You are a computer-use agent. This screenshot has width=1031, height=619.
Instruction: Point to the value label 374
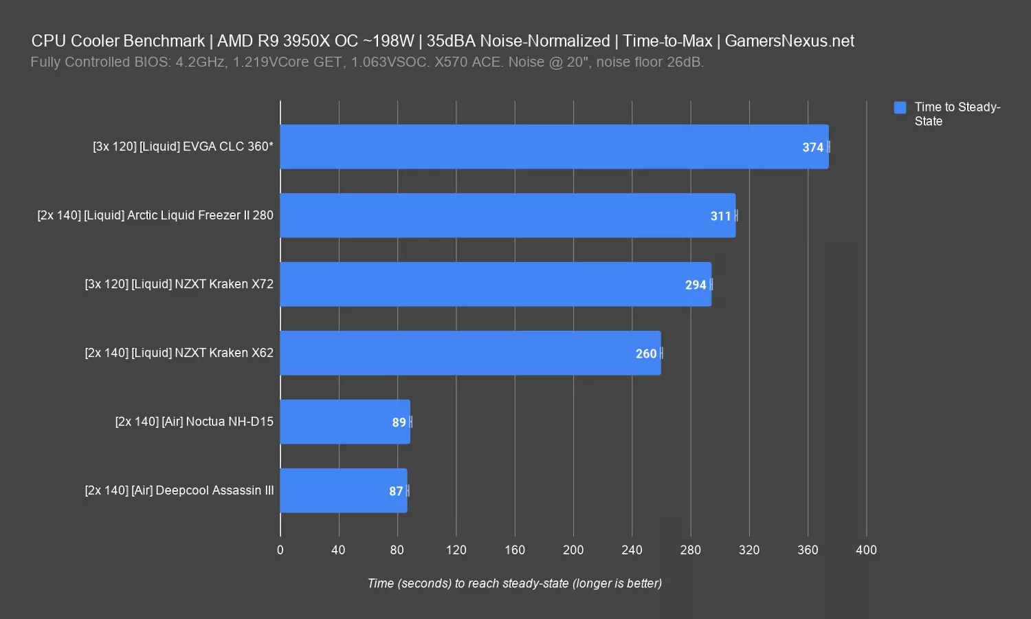coord(812,147)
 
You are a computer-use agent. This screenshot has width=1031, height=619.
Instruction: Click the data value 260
coord(645,354)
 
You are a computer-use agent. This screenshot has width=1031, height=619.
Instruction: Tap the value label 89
coord(399,422)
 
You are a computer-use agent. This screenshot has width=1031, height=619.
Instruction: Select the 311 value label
coord(720,216)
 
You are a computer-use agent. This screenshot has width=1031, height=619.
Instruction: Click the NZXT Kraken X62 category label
coord(179,353)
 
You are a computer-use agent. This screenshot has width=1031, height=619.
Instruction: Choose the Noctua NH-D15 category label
coord(194,422)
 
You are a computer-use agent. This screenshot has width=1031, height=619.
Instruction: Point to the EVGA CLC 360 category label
coord(183,146)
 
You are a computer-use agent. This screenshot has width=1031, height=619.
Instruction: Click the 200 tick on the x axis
coord(573,550)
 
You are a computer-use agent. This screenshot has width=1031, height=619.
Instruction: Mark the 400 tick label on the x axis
coord(866,550)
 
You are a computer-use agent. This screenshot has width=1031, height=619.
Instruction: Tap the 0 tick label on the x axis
coord(280,550)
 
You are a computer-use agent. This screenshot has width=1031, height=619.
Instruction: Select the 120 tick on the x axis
coord(456,550)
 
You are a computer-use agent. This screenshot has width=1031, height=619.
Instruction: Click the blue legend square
coord(900,107)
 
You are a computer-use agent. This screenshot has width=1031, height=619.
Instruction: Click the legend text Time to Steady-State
coord(957,114)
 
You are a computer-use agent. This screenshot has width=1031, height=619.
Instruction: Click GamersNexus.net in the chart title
coord(789,41)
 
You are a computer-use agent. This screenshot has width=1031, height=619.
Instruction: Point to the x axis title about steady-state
coord(515,583)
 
